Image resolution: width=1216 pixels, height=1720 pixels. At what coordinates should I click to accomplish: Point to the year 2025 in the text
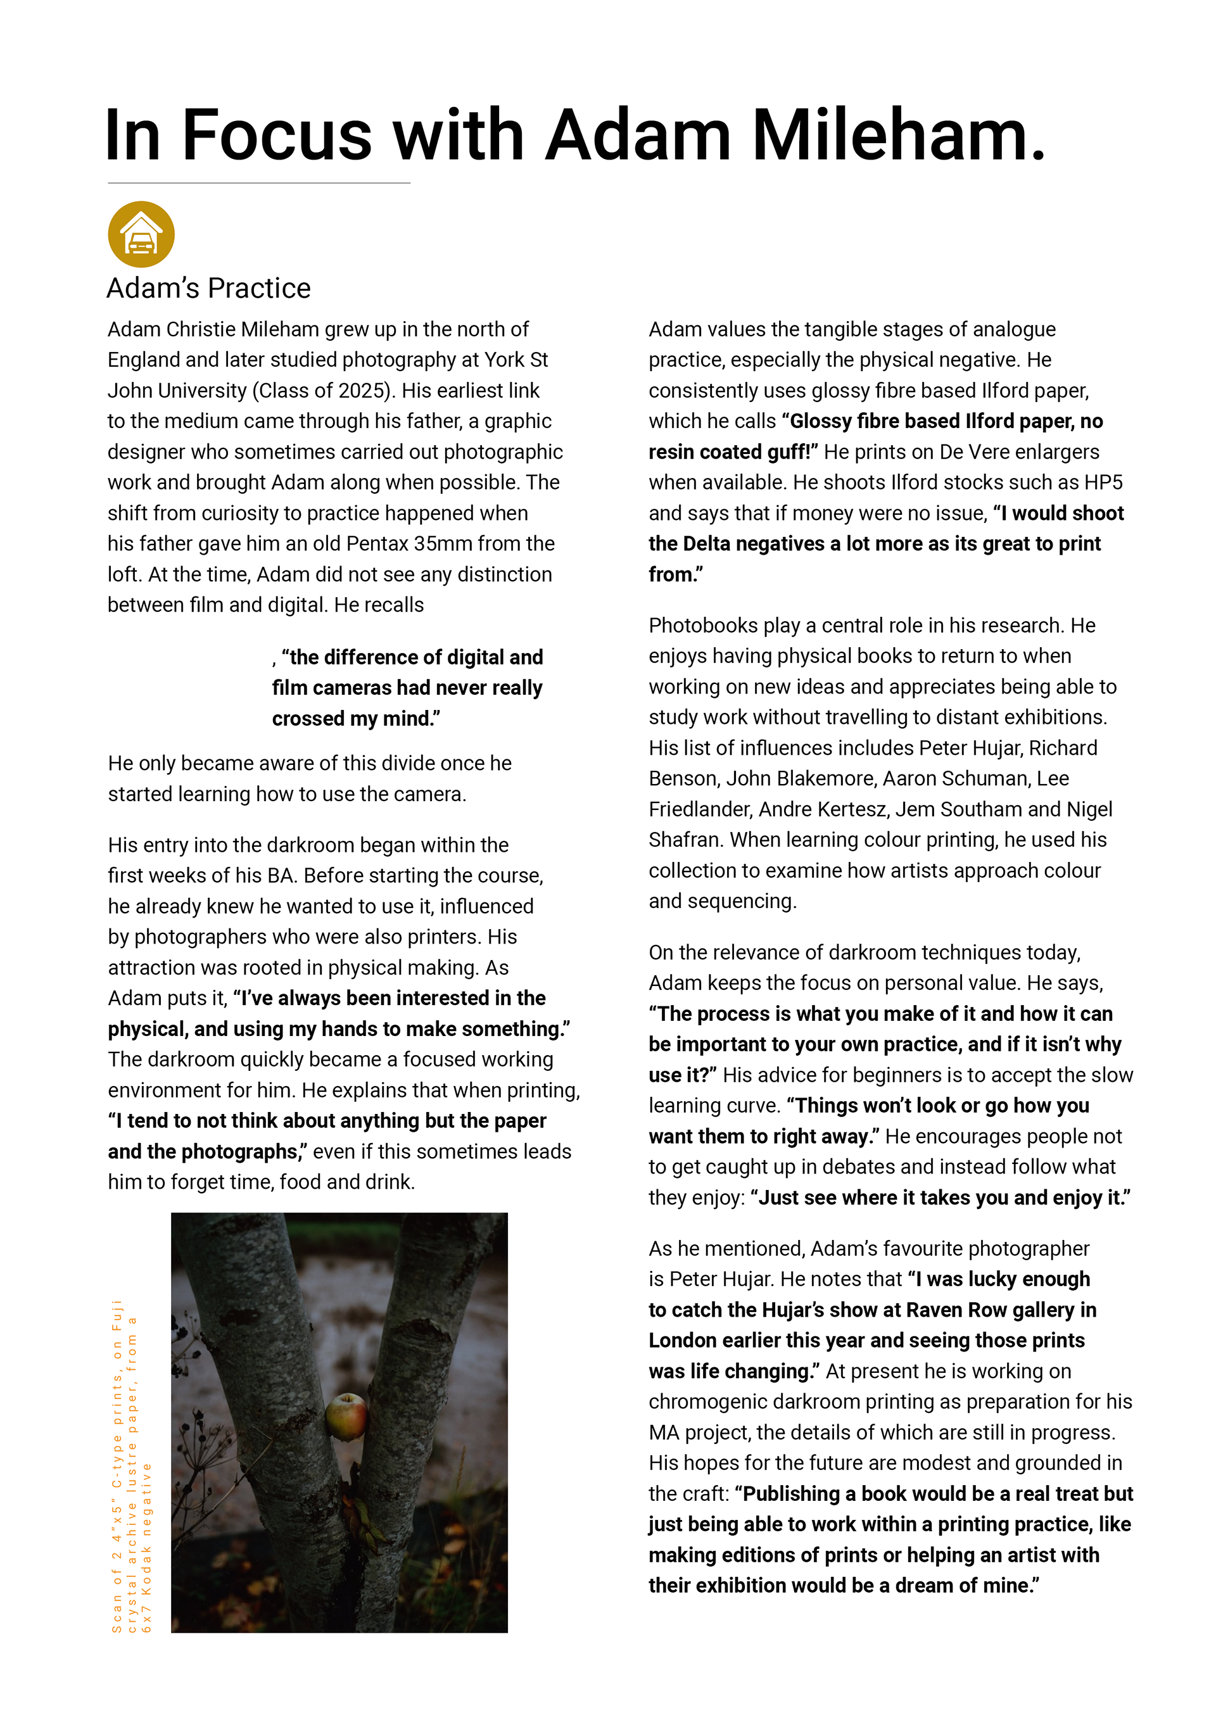(363, 391)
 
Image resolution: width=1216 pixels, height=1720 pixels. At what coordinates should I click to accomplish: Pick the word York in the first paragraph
(504, 360)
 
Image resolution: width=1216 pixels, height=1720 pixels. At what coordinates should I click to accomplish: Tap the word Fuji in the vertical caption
(117, 1315)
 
